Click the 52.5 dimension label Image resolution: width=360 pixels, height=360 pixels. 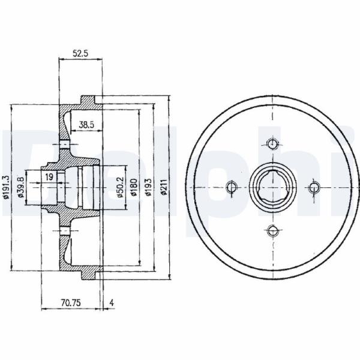pos(80,53)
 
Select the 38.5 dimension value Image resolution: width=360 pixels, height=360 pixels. pos(86,125)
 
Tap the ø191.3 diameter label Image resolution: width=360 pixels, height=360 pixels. pos(6,187)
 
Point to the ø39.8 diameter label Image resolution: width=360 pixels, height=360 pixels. pos(21,187)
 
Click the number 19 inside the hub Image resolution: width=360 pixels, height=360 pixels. pos(49,177)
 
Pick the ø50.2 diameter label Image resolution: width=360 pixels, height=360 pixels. pos(121,187)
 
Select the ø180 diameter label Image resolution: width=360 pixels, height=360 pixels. pos(134,187)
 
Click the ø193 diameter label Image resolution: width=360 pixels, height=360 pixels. pos(149,187)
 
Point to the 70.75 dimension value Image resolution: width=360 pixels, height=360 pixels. pos(71,303)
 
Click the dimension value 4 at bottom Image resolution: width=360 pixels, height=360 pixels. pos(112,303)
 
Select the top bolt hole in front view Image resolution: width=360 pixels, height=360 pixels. pos(272,144)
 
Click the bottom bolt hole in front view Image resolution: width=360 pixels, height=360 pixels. pos(273,230)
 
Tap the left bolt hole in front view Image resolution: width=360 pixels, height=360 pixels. pos(232,187)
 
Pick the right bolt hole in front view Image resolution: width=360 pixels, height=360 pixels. pos(314,188)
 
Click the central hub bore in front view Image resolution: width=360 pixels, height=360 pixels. pos(273,187)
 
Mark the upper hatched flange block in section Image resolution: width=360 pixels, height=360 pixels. pos(88,101)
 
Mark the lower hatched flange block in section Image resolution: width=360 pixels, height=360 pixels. pos(88,274)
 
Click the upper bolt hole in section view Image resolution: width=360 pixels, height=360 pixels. pos(65,145)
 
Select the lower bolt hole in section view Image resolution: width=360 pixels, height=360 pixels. pos(65,230)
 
